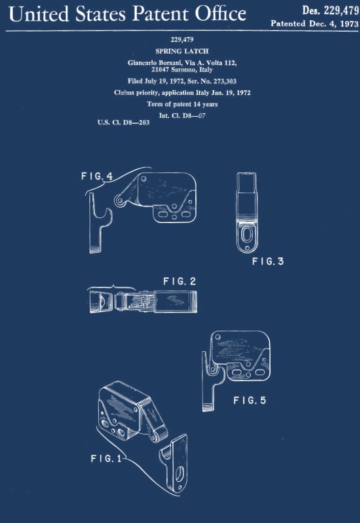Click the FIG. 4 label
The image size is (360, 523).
(x=97, y=176)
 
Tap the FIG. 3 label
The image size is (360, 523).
(x=268, y=261)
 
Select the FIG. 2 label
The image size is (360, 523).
(x=179, y=281)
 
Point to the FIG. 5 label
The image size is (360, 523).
(x=249, y=400)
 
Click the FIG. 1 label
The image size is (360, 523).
(x=107, y=459)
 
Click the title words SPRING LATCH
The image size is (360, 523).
(x=182, y=51)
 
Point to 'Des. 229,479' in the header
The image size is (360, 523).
(x=330, y=11)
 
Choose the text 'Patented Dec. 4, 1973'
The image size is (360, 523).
(x=314, y=23)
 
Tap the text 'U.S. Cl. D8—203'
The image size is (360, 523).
(x=123, y=122)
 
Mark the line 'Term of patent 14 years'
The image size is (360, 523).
(x=182, y=104)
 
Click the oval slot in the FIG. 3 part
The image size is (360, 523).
(x=247, y=234)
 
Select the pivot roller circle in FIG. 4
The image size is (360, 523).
(x=119, y=201)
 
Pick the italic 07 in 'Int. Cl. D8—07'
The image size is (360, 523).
(x=201, y=116)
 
